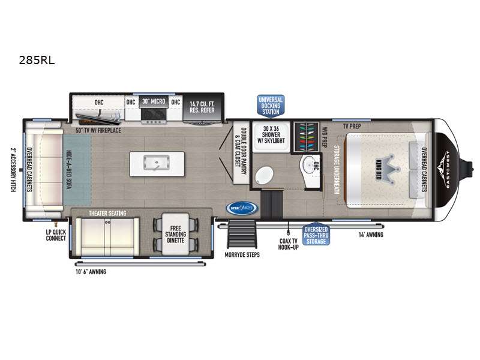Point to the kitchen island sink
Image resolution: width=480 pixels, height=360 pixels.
click(157, 162)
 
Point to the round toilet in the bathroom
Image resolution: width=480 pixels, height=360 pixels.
click(265, 176)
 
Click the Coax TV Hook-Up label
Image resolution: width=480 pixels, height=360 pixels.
click(288, 244)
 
